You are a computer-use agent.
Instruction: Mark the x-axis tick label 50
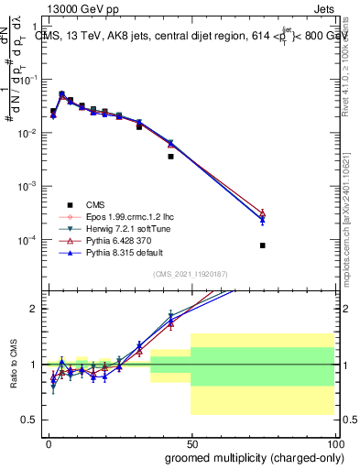191,442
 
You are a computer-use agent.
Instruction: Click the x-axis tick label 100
333,442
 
